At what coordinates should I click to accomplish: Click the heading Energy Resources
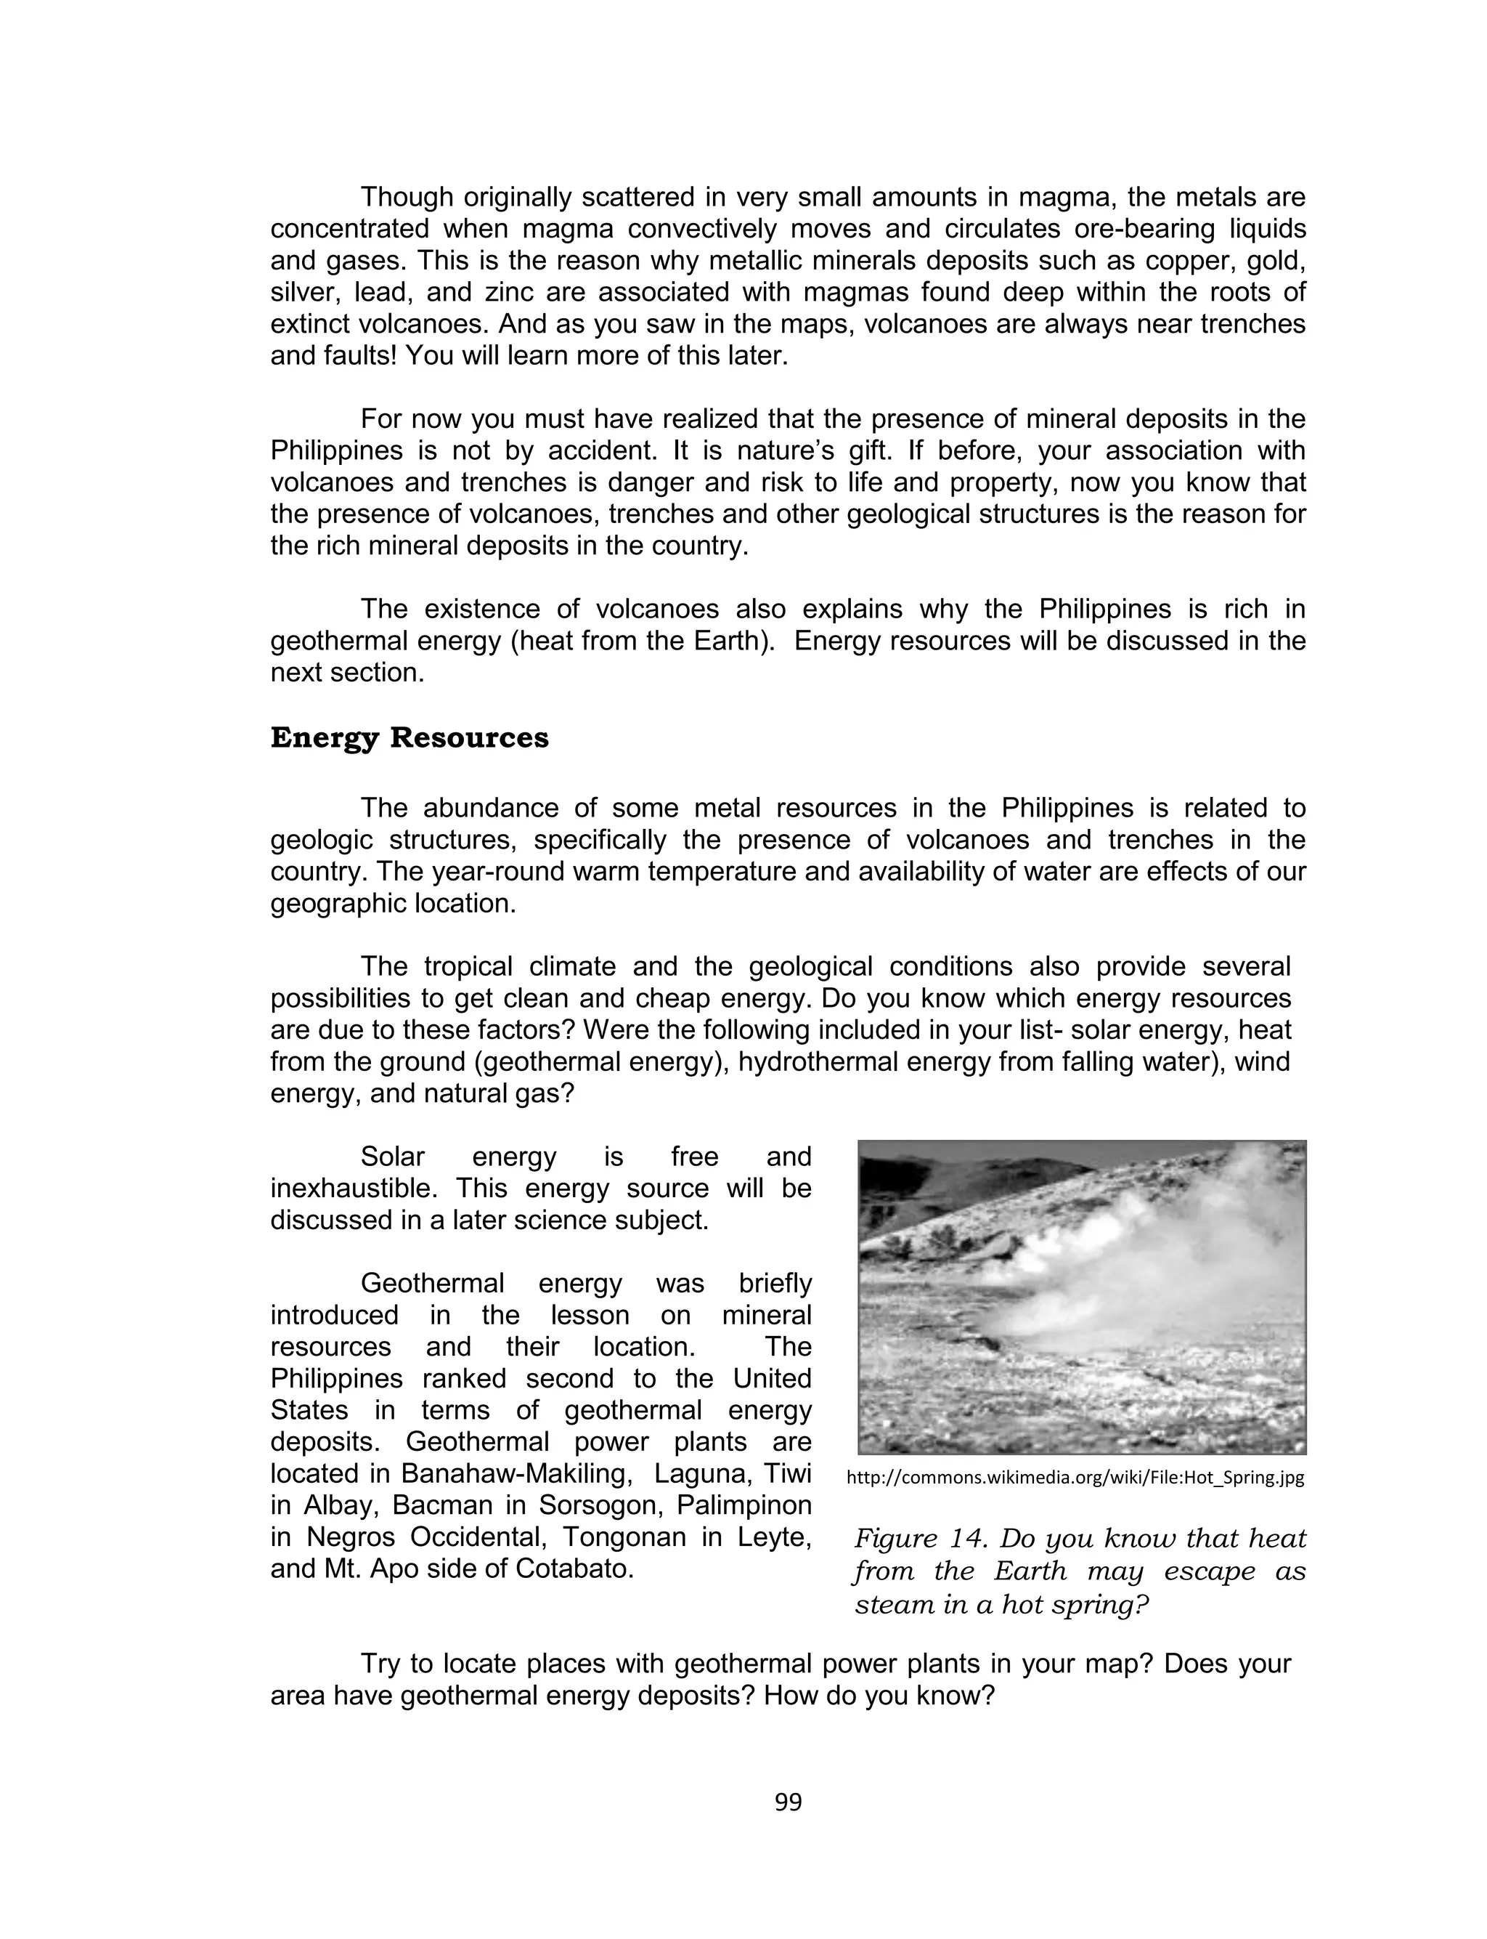pos(409,737)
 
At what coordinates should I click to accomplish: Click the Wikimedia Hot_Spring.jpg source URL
pos(1075,1478)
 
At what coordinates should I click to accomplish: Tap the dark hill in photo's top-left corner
pos(921,1178)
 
